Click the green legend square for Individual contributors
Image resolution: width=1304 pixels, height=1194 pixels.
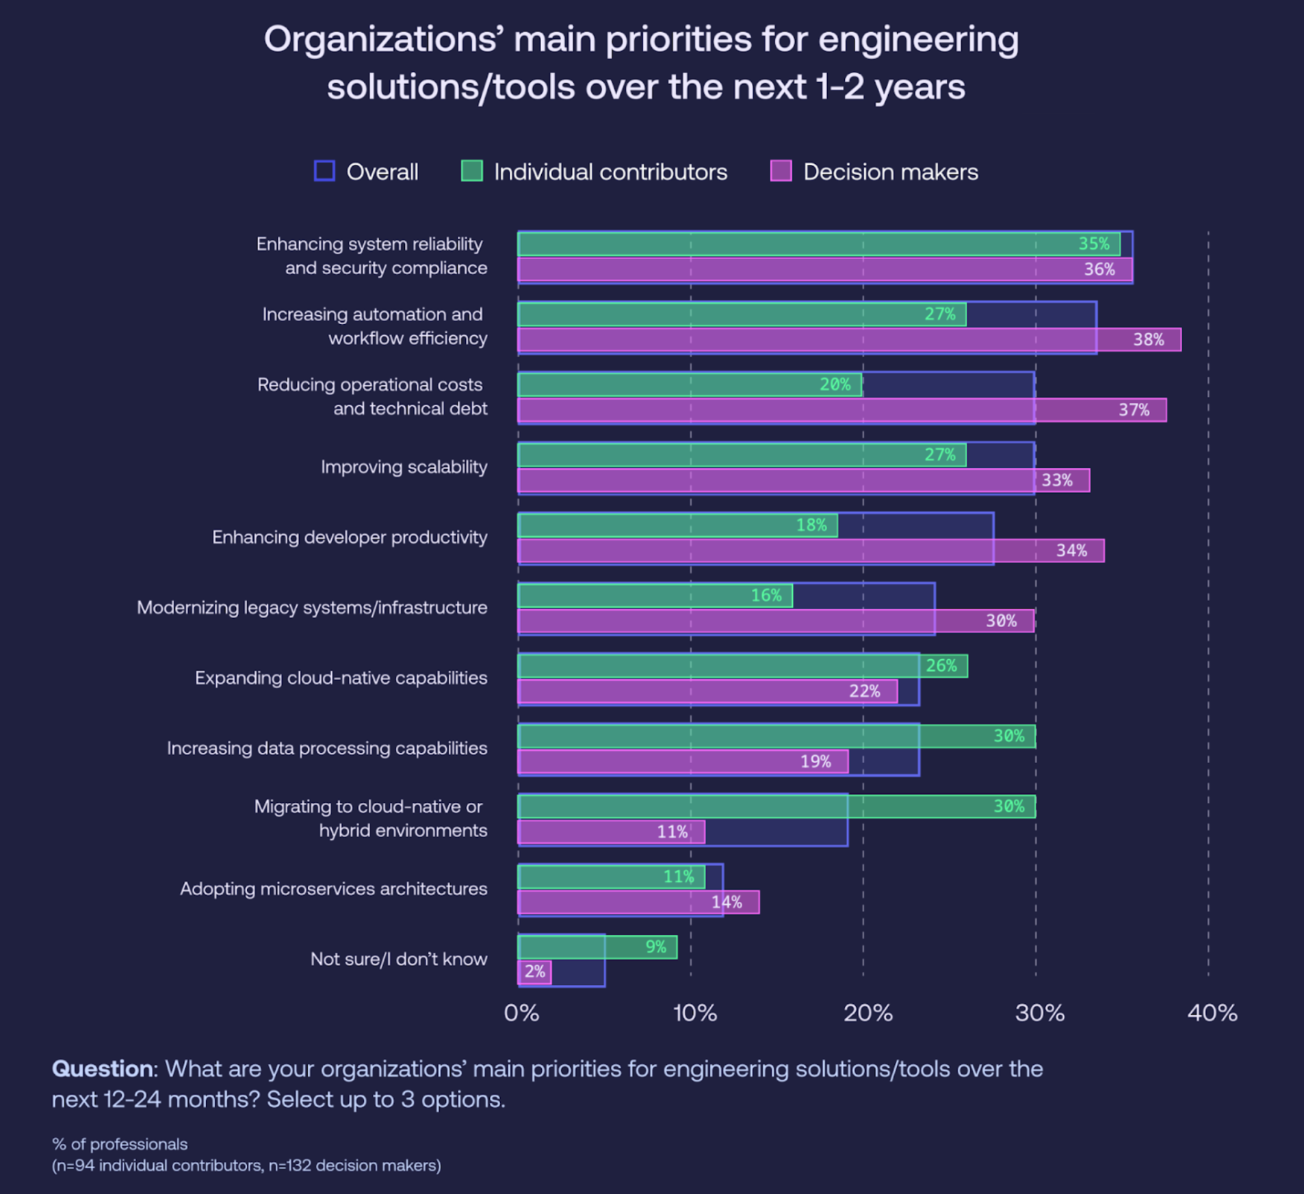tap(472, 171)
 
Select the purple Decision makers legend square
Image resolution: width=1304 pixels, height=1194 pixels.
tap(781, 171)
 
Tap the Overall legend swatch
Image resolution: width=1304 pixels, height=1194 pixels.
tap(324, 171)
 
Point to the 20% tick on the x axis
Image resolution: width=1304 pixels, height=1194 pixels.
tap(868, 1013)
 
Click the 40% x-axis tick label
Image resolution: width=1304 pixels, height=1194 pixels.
tap(1212, 1013)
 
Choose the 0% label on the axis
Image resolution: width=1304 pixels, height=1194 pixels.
tap(521, 1013)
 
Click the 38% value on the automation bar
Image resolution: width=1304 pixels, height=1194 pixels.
tap(1148, 340)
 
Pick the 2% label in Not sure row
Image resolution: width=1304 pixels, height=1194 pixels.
tap(535, 972)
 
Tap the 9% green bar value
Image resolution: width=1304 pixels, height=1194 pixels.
tap(655, 947)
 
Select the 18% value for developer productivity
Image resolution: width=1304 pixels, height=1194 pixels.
tap(811, 525)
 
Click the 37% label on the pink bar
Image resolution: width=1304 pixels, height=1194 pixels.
tap(1134, 410)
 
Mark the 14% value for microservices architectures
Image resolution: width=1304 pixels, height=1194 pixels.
tap(727, 903)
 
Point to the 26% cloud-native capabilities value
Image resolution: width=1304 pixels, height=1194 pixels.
tap(941, 666)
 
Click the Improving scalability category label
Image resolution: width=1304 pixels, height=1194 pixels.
tap(404, 467)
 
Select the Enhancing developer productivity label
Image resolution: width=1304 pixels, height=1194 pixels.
tap(350, 538)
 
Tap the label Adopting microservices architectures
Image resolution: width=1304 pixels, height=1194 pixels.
tap(334, 889)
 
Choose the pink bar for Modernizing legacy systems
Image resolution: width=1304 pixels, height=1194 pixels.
tap(753, 622)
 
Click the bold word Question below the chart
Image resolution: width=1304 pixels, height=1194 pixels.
tap(103, 1069)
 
